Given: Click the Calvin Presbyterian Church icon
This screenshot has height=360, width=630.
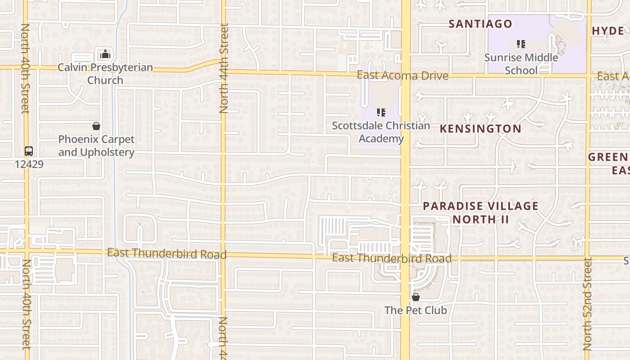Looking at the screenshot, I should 105,54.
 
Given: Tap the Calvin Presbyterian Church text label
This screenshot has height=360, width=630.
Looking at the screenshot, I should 105,74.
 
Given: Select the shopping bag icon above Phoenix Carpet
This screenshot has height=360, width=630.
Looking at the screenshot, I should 96,126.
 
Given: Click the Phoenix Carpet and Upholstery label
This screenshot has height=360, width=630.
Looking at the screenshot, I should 96,146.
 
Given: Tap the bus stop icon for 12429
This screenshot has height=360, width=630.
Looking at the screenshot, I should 29,151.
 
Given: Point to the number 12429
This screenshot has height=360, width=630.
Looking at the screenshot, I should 29,164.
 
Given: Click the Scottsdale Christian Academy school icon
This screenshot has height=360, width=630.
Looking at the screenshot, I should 381,112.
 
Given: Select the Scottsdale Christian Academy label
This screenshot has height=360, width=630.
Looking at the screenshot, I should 381,132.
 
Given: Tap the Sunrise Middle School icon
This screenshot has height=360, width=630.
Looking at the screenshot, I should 521,44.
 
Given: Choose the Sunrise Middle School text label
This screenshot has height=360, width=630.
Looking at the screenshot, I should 521,64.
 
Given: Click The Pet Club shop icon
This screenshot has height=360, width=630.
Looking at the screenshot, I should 416,297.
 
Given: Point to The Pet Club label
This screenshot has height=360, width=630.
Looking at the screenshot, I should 416,310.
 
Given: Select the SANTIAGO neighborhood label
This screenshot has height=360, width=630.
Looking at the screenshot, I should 481,24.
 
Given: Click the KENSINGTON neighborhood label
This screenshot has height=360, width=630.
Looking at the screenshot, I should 481,129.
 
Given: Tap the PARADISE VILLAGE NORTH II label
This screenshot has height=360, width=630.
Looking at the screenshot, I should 481,212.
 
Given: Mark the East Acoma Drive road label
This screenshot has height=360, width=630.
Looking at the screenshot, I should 402,75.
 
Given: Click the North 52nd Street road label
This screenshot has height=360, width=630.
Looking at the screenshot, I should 587,304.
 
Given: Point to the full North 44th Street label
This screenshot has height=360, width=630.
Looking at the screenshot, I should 224,67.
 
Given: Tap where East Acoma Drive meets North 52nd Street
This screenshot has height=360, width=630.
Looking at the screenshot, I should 588,76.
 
